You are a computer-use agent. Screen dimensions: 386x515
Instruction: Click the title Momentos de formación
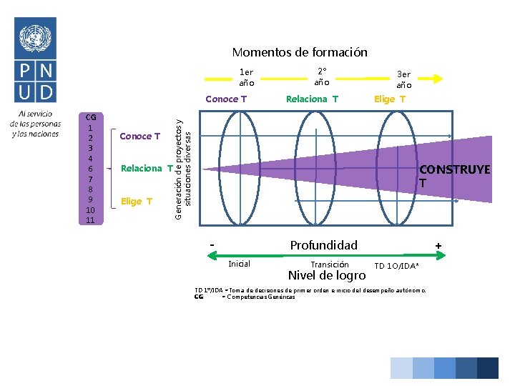point(299,52)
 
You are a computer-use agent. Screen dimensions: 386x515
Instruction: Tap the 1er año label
point(246,77)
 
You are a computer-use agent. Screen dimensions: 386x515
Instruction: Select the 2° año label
point(322,76)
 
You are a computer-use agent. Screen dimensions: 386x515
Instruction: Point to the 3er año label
point(403,79)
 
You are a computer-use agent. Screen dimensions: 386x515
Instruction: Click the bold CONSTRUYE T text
point(454,176)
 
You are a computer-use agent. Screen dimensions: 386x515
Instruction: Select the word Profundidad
point(323,245)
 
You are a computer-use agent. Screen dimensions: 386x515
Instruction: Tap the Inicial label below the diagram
point(239,264)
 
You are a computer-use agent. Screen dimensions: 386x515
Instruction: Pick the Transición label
point(330,264)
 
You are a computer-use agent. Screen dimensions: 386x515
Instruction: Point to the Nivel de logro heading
point(326,276)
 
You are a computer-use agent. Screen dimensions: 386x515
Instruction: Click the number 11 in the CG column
point(90,220)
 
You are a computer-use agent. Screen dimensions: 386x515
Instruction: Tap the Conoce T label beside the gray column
point(140,136)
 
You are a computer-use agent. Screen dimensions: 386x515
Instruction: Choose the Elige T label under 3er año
point(389,99)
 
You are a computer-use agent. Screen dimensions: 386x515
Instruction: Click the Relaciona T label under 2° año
point(312,99)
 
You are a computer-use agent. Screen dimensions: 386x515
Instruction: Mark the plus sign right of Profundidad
point(438,246)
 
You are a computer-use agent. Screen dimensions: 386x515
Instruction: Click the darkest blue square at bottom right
point(488,367)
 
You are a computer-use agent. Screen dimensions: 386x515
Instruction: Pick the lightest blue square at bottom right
point(401,367)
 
